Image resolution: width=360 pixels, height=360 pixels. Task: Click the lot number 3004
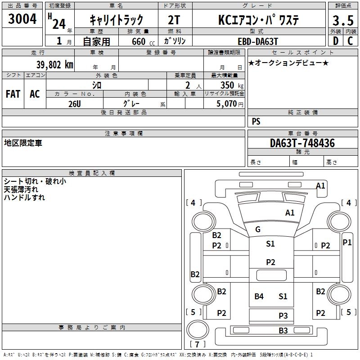pyautogui.click(x=22, y=19)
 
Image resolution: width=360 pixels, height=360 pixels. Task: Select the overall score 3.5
pyautogui.click(x=343, y=20)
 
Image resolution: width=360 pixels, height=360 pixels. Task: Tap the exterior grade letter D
pyautogui.click(x=335, y=40)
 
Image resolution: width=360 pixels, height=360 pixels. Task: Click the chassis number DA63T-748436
pyautogui.click(x=302, y=143)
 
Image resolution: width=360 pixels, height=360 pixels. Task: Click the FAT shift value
pyautogui.click(x=13, y=94)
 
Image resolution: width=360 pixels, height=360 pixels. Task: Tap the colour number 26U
pyautogui.click(x=75, y=103)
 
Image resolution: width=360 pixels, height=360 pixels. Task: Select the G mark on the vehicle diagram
pyautogui.click(x=258, y=229)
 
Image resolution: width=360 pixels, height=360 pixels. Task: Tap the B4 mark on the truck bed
pyautogui.click(x=259, y=296)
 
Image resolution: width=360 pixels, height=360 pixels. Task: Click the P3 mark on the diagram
pyautogui.click(x=283, y=316)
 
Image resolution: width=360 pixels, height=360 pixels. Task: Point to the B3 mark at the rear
pyautogui.click(x=283, y=331)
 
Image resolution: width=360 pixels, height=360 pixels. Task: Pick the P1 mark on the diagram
pyautogui.click(x=347, y=242)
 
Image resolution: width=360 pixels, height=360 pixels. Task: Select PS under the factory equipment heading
pyautogui.click(x=256, y=121)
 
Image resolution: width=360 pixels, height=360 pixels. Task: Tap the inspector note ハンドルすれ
pyautogui.click(x=24, y=197)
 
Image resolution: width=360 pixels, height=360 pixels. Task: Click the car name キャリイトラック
pyautogui.click(x=116, y=20)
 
